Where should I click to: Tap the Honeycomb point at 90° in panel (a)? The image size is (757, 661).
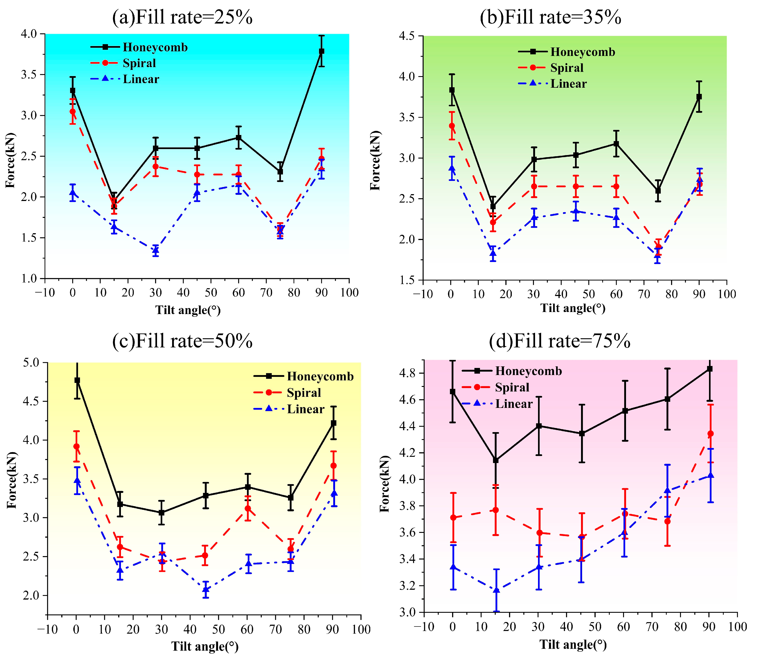322,51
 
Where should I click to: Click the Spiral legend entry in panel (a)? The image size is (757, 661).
139,63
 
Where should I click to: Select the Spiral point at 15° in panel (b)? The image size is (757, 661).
493,222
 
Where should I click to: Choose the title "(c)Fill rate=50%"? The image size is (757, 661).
182,341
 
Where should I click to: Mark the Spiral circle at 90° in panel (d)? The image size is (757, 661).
709,434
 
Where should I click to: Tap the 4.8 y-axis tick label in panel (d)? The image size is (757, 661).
408,373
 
